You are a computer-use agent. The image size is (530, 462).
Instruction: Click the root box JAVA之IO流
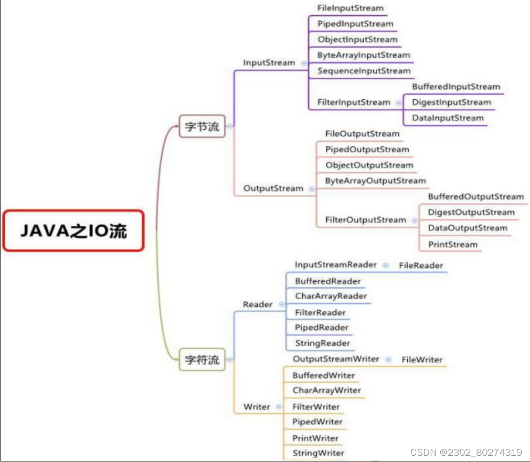(x=73, y=231)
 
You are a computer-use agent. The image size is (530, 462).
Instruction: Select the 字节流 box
(x=202, y=126)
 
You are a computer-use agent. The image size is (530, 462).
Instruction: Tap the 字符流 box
(x=202, y=360)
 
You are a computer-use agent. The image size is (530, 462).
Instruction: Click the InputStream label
(x=269, y=62)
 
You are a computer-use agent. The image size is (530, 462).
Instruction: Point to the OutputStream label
(x=273, y=188)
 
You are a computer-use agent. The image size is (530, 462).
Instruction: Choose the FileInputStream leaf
(x=351, y=8)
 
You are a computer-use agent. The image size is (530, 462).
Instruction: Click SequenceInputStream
(x=364, y=71)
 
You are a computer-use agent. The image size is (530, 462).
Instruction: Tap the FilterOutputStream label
(x=365, y=220)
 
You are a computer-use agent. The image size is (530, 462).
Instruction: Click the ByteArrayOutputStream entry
(x=375, y=181)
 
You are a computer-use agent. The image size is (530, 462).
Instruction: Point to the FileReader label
(x=421, y=266)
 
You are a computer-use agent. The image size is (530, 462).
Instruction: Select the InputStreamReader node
(x=335, y=265)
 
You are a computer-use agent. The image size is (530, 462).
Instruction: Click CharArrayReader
(x=331, y=296)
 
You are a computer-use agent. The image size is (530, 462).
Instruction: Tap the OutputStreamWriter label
(x=336, y=359)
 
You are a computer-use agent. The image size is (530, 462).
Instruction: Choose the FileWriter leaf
(x=422, y=360)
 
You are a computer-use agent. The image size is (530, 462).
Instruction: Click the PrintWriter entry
(x=315, y=438)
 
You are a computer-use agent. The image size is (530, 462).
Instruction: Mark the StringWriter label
(x=318, y=453)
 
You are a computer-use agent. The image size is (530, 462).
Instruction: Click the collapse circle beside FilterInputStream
(x=398, y=103)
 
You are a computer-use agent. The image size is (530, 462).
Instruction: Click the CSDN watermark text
(x=466, y=452)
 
